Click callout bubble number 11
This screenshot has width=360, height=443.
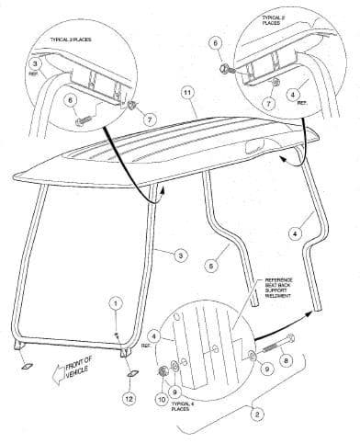(187, 94)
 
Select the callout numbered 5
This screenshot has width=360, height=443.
(211, 264)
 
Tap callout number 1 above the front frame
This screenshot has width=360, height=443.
(115, 301)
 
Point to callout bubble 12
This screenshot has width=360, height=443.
(129, 398)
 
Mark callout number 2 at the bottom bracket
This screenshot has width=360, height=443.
(256, 415)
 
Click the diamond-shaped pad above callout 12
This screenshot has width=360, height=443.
(129, 376)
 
